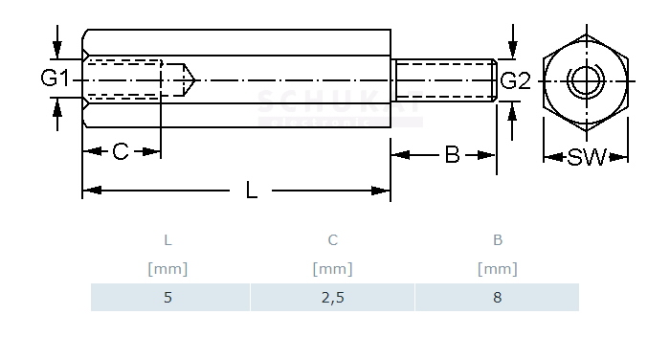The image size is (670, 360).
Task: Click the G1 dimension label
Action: [x=55, y=79]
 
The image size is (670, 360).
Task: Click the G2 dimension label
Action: [x=515, y=80]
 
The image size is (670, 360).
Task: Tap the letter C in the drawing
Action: [x=121, y=151]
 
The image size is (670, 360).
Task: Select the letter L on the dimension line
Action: [x=251, y=191]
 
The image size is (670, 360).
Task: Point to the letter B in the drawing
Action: [x=452, y=154]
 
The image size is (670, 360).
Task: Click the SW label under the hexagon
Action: [x=587, y=157]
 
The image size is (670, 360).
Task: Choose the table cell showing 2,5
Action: [x=332, y=297]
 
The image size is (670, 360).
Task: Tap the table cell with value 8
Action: [x=497, y=297]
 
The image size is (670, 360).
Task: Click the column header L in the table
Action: [x=167, y=240]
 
